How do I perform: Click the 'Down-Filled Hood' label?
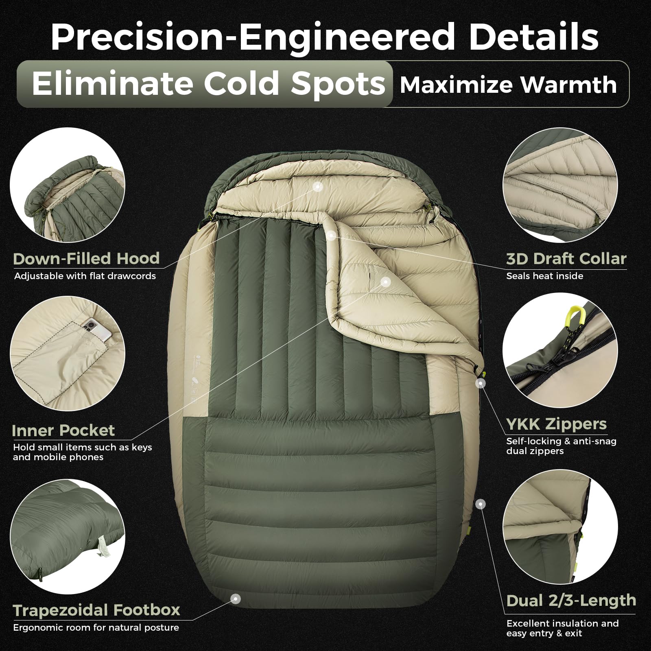click(x=86, y=259)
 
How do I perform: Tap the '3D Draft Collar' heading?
click(x=566, y=259)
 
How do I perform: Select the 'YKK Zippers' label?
click(x=557, y=424)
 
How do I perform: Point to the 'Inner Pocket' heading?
click(x=63, y=430)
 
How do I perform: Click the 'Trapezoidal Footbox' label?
click(x=96, y=610)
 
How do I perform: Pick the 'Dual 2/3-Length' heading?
click(x=571, y=601)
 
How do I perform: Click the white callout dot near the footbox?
click(x=235, y=599)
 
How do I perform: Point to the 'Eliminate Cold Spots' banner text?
click(x=209, y=84)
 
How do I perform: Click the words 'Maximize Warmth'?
click(x=508, y=85)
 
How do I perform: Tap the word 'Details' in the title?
click(x=534, y=37)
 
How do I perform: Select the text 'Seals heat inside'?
click(x=545, y=276)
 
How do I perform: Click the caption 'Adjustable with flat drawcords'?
click(x=85, y=276)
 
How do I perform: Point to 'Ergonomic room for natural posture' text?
click(x=96, y=627)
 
